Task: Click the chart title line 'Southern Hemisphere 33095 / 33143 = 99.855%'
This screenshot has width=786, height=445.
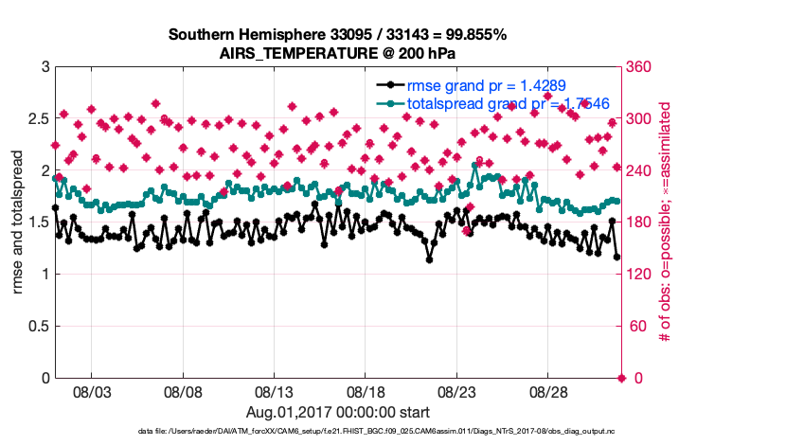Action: coord(337,35)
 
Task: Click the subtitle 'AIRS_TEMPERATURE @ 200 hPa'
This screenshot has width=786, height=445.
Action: coord(337,53)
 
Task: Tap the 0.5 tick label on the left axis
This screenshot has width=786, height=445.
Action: coord(38,327)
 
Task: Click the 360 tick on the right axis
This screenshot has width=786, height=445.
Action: coord(639,68)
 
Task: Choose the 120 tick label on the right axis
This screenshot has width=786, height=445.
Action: coord(639,275)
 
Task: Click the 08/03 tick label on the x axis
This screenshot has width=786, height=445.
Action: coord(93,391)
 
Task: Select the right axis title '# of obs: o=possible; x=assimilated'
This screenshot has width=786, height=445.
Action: coord(665,222)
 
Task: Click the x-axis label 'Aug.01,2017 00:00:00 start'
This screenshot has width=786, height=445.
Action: coord(338,413)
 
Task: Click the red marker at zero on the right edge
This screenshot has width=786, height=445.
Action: coord(621,378)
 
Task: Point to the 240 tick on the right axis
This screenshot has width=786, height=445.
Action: coord(639,171)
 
